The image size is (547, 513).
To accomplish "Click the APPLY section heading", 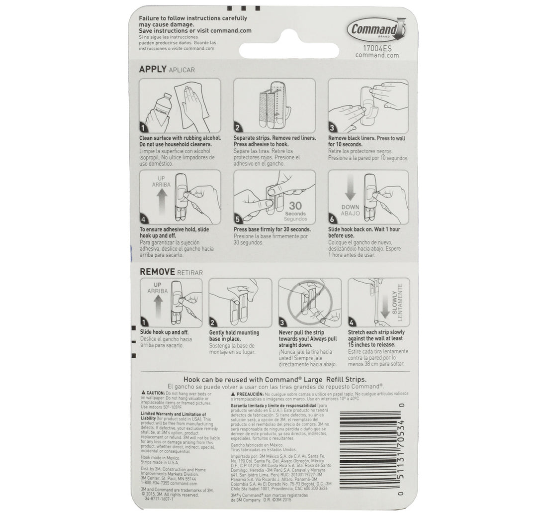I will (153, 69).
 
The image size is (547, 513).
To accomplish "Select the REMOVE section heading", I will (157, 272).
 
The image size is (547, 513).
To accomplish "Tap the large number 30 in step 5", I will (295, 205).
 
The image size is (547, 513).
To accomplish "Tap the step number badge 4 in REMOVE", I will (352, 321).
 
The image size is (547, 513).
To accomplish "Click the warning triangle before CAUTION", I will (143, 394).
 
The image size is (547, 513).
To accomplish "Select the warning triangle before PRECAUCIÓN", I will (233, 394).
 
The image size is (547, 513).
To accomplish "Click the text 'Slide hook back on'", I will (352, 229).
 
